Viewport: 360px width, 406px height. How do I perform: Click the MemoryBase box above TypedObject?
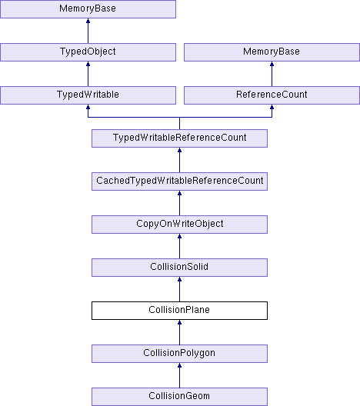tap(88, 9)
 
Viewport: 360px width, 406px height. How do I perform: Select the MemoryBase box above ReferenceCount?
tap(272, 52)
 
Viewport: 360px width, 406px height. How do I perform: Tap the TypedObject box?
tap(88, 52)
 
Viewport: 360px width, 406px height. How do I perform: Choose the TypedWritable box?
tap(88, 95)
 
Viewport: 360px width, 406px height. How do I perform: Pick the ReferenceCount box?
tap(272, 95)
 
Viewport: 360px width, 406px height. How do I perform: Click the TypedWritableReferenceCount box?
tap(179, 138)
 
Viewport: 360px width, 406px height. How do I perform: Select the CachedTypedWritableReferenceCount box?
tap(179, 181)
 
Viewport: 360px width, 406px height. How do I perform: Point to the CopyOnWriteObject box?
tap(179, 225)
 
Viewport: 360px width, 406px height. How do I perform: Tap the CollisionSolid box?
tap(179, 268)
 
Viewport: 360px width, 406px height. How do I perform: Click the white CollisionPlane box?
tap(179, 311)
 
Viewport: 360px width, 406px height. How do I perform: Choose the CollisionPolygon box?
tap(179, 354)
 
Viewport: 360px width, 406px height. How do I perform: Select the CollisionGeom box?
tap(179, 397)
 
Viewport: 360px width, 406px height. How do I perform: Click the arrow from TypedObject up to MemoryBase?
tap(88, 31)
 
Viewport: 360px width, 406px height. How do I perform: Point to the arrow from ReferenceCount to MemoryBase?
tap(272, 74)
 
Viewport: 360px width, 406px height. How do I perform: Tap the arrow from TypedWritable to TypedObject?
tap(88, 74)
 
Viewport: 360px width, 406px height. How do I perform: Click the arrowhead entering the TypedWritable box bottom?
tap(88, 107)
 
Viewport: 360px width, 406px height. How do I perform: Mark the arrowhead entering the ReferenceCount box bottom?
tap(272, 107)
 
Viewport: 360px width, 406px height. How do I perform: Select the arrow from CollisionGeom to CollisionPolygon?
tap(179, 375)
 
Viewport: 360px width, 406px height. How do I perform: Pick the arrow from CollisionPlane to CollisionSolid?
tap(179, 289)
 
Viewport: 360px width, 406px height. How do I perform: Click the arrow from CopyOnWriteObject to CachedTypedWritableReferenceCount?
tap(179, 203)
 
